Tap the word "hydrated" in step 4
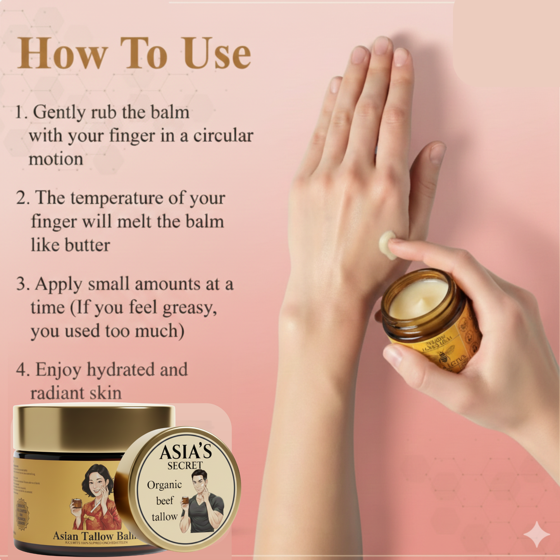point(121,369)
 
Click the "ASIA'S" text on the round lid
point(186,452)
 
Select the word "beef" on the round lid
point(164,501)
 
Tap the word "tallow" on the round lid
point(164,517)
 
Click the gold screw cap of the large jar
point(93,426)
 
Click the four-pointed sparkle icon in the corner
point(536,534)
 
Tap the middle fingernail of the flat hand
point(381,46)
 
